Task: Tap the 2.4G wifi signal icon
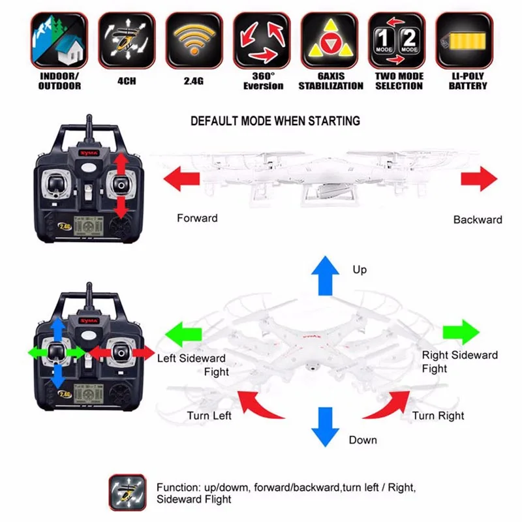coord(194,40)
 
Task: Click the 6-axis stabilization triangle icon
coord(330,40)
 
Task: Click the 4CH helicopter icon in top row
coord(127,40)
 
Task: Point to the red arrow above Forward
coord(182,178)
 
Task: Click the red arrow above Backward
coord(479,178)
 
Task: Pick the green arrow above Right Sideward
coord(460,332)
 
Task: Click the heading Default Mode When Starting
coord(275,121)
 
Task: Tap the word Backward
coord(478,220)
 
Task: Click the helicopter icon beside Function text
coord(127,491)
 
